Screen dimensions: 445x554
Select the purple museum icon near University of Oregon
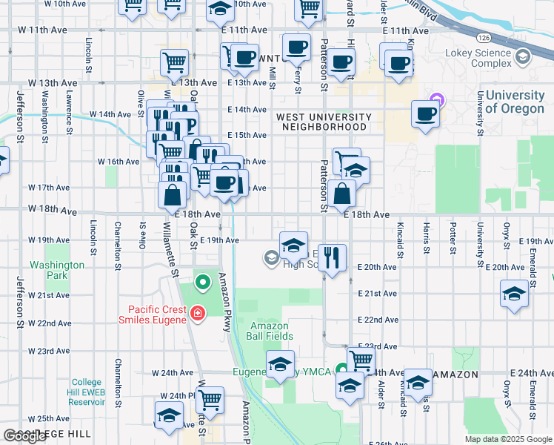[435, 99]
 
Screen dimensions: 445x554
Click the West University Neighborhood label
[323, 122]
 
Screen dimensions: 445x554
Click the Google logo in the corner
[24, 436]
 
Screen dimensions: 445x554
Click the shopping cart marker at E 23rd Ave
[361, 360]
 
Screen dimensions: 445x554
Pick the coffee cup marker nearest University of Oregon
[426, 113]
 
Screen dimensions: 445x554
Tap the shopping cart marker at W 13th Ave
[175, 62]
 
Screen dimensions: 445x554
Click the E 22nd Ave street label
[378, 320]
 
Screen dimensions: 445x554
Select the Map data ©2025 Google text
[507, 439]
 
